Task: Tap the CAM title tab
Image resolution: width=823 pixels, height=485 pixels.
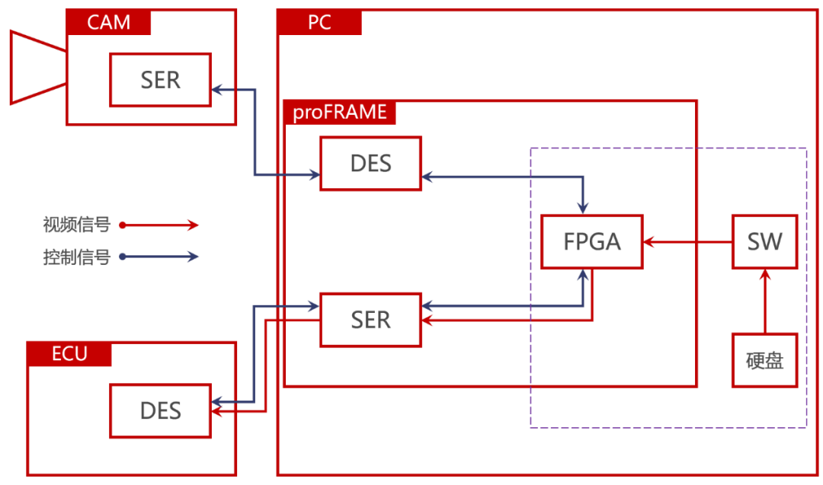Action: click(x=109, y=22)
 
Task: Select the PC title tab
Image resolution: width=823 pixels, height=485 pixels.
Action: click(x=319, y=22)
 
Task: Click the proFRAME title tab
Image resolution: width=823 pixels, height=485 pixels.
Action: click(x=340, y=112)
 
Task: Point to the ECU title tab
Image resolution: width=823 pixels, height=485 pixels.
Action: click(x=69, y=354)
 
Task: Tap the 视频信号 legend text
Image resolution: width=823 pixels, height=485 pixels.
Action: click(x=77, y=225)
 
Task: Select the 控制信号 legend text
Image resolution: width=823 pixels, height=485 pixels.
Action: click(x=77, y=257)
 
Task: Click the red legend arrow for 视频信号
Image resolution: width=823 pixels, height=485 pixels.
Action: click(x=159, y=225)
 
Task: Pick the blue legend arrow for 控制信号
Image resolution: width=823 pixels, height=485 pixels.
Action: click(x=159, y=257)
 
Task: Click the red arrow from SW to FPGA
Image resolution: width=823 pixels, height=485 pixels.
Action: click(x=687, y=241)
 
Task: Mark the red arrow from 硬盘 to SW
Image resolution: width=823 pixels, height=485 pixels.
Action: click(x=765, y=301)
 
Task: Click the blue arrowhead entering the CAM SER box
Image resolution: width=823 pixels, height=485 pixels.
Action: click(x=216, y=90)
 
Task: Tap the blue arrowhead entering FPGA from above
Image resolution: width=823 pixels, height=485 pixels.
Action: click(x=583, y=208)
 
